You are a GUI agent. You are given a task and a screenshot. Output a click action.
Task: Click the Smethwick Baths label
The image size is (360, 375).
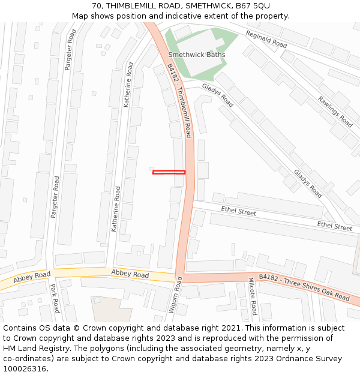tap(197, 55)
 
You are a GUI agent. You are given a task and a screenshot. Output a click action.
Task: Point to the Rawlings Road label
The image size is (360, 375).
tap(335, 112)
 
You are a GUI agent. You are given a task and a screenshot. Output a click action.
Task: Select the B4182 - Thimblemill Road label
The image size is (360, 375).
tap(179, 101)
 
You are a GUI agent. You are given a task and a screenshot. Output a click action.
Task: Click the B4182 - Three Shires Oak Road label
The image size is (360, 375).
tap(304, 287)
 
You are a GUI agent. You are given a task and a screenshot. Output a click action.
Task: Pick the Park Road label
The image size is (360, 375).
tap(54, 298)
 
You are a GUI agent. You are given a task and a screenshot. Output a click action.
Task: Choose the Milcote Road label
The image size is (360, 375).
tap(253, 296)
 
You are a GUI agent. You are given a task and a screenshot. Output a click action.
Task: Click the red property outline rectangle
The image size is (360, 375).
tap(169, 173)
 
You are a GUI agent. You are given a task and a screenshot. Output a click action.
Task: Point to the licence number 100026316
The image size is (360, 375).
tap(25, 368)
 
